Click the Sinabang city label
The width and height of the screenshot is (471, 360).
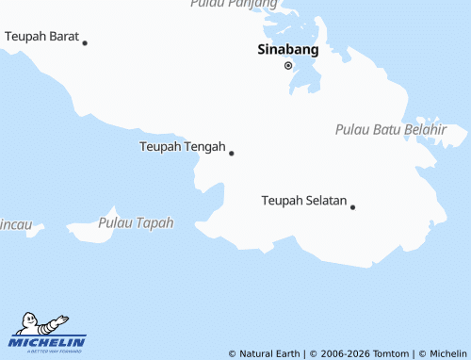(287, 50)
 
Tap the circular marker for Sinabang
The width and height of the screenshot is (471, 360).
(288, 65)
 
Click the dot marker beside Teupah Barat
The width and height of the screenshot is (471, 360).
(85, 42)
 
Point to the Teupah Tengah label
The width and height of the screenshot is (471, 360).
(182, 147)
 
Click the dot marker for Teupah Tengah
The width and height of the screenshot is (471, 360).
(232, 153)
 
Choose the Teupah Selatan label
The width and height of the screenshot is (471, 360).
(303, 201)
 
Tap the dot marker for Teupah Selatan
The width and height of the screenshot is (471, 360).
(353, 206)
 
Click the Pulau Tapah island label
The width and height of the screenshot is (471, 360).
(136, 223)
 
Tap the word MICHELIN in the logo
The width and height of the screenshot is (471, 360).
(47, 342)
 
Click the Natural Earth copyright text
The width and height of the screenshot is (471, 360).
(265, 353)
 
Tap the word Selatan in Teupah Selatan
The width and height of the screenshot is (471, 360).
(325, 201)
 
